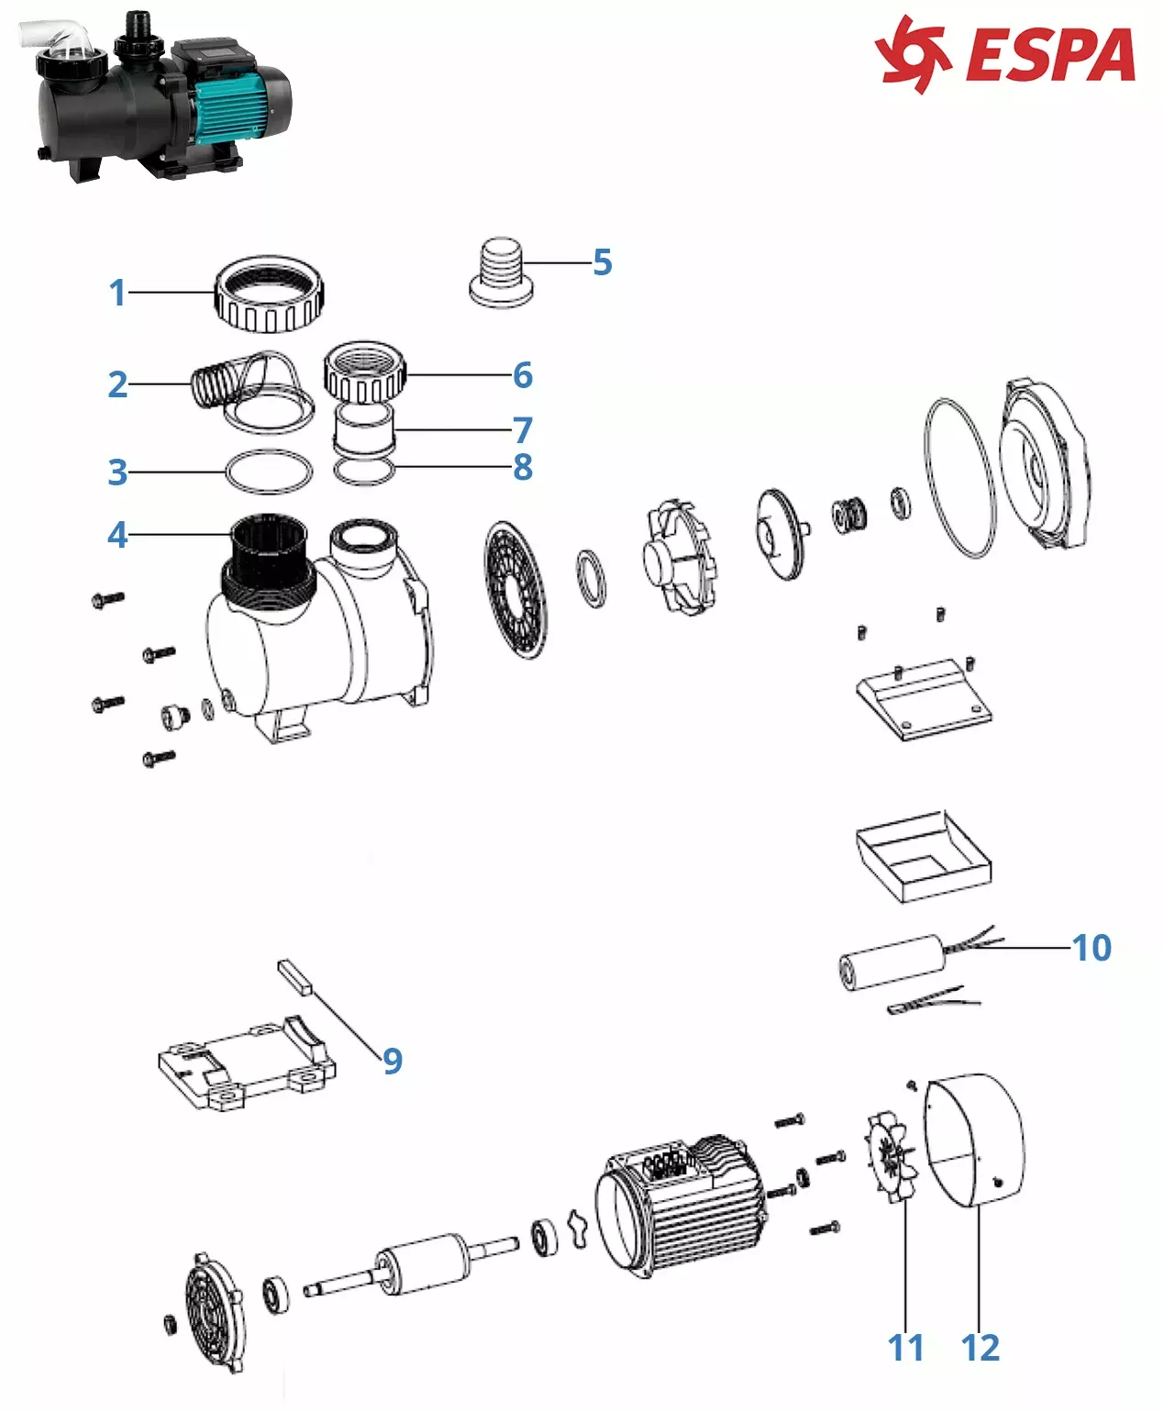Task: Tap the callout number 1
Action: tap(117, 293)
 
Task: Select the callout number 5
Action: tap(602, 262)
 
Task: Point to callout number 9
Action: tap(393, 1061)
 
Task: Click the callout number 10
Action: tap(1091, 948)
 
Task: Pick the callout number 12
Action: tap(980, 1348)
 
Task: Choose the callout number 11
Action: tap(905, 1348)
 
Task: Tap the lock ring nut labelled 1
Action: tap(270, 295)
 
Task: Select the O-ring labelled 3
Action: tap(269, 472)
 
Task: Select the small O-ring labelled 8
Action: tap(364, 472)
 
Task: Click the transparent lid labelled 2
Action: tap(257, 390)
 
